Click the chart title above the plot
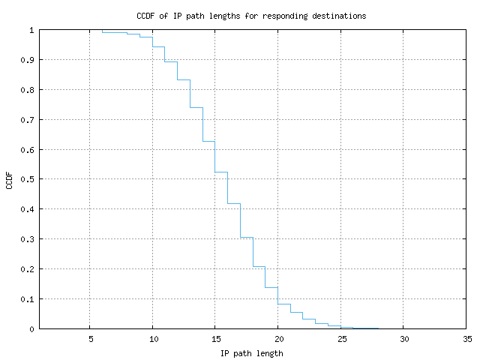pos(251,16)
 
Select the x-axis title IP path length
pos(251,353)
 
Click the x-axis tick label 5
pos(90,338)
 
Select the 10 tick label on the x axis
pos(152,338)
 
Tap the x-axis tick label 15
pos(215,338)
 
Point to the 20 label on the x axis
pos(277,338)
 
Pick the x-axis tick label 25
pos(340,338)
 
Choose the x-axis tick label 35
pos(466,338)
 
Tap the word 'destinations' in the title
pos(340,16)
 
